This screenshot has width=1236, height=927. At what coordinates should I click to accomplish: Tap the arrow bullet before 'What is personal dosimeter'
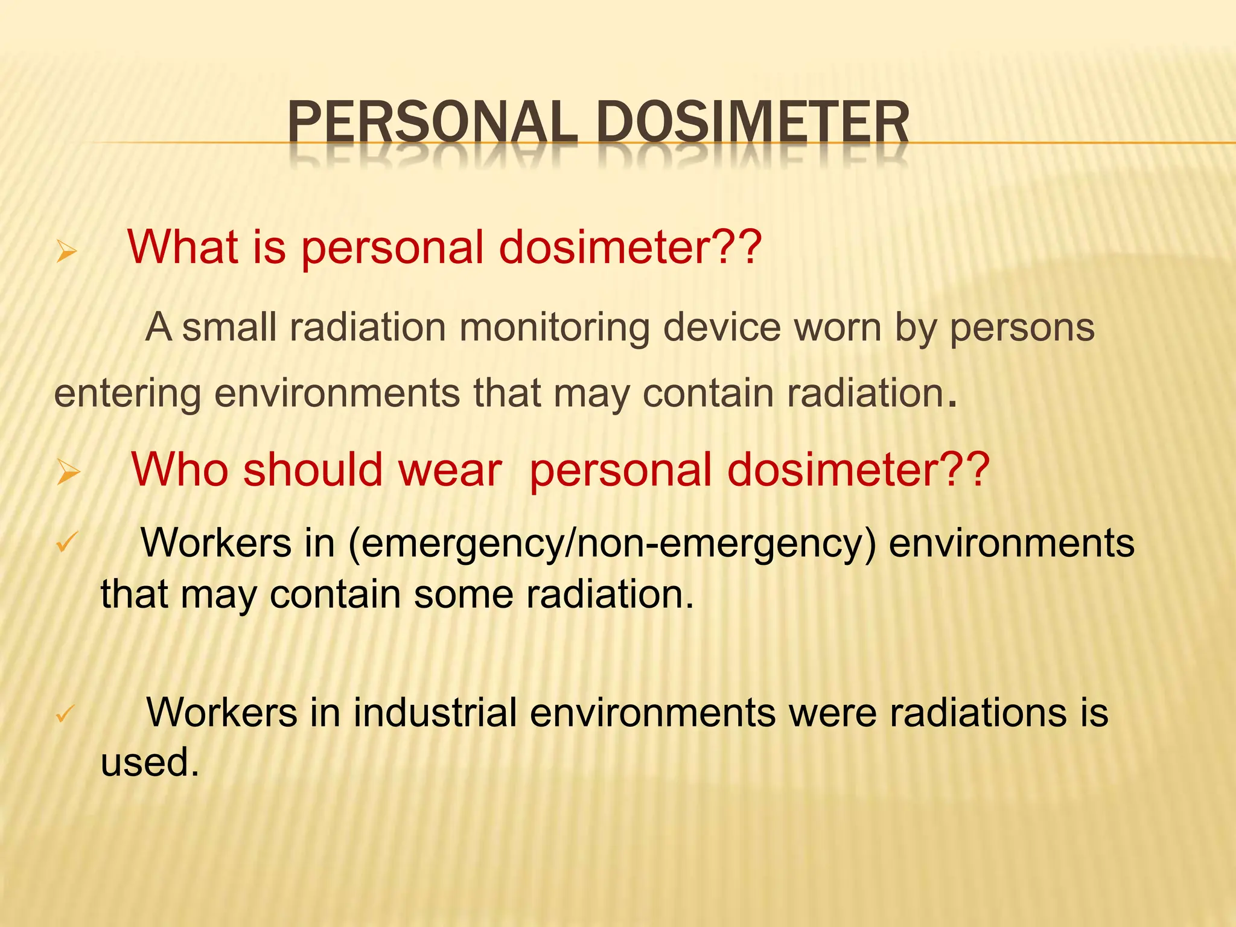(66, 251)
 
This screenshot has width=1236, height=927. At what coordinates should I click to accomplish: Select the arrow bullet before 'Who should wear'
(68, 472)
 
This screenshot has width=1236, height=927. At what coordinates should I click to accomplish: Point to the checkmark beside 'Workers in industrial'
(65, 714)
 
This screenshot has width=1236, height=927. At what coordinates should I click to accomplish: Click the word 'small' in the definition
(229, 328)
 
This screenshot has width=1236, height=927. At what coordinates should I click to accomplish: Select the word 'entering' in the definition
(127, 394)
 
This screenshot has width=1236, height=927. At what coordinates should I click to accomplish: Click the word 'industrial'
(435, 712)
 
